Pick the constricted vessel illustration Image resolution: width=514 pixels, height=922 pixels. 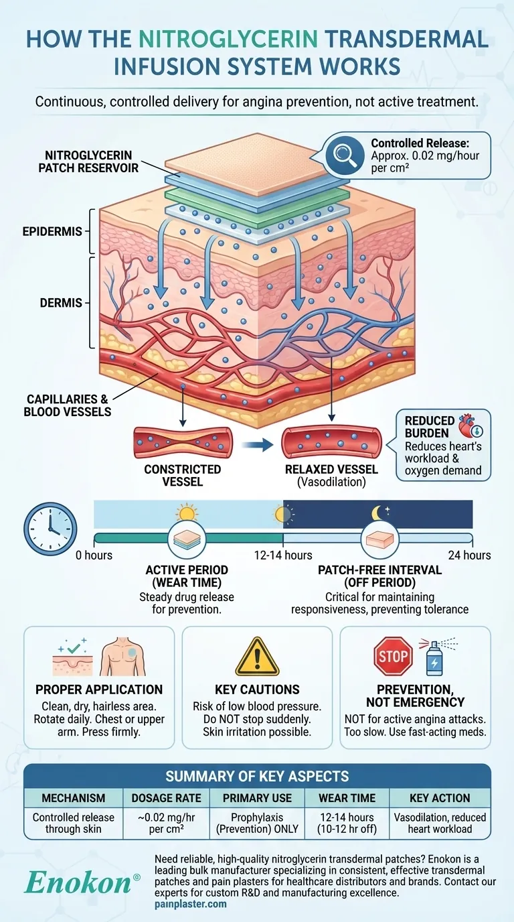[x=183, y=442]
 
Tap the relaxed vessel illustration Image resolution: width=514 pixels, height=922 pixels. [x=332, y=442]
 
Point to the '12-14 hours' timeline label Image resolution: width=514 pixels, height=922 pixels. [x=282, y=555]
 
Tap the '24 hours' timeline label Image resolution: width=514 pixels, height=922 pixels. [x=469, y=555]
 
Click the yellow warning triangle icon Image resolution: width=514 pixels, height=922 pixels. [x=257, y=656]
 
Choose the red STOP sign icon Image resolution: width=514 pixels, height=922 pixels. [x=392, y=656]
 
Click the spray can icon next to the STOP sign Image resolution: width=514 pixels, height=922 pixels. [x=434, y=657]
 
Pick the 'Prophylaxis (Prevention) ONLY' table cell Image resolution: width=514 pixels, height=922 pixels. [x=257, y=824]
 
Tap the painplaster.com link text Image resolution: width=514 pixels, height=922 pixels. [x=191, y=904]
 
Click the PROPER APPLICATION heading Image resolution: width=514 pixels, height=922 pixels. [x=99, y=689]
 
